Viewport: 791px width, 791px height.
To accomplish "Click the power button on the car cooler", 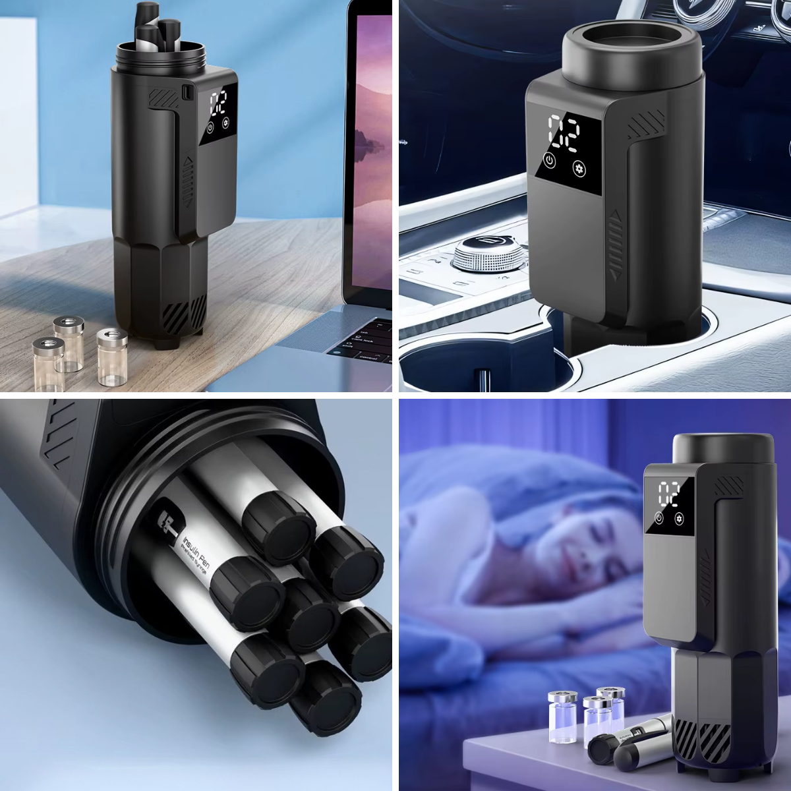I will (549, 160).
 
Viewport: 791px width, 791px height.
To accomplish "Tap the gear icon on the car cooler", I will (579, 167).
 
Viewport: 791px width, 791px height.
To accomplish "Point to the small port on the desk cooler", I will (186, 92).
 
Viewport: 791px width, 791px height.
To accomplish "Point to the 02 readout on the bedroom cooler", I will (668, 492).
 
